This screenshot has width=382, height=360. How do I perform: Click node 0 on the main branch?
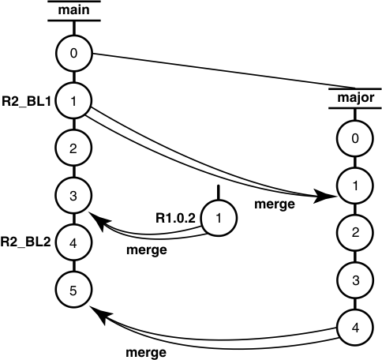tap(73, 54)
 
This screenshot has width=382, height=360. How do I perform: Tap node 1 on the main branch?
tap(73, 101)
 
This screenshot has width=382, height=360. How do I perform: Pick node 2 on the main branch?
tap(73, 148)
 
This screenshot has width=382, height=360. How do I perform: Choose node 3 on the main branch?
tap(73, 195)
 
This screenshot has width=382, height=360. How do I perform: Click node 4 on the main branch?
tap(73, 242)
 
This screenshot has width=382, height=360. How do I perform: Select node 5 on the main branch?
tap(73, 290)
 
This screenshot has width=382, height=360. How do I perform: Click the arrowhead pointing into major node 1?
tap(324, 195)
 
